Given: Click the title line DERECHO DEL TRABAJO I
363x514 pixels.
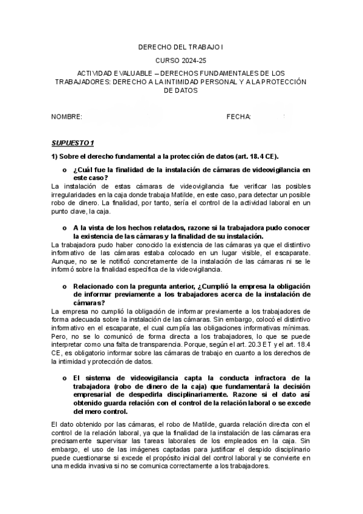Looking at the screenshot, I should (x=181, y=46).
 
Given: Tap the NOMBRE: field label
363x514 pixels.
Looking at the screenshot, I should (x=67, y=116).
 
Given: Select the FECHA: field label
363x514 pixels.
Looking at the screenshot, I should (x=239, y=116).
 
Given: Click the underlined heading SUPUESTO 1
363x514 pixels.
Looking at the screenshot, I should (x=73, y=143).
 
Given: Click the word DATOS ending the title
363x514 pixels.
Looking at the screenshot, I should (x=181, y=90).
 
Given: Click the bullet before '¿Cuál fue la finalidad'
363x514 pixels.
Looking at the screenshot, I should (x=64, y=170).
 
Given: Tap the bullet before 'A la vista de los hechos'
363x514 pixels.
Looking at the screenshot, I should (x=64, y=228).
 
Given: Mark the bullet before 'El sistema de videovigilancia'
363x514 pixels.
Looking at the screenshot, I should (x=64, y=377).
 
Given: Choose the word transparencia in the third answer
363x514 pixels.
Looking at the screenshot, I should (x=140, y=345).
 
